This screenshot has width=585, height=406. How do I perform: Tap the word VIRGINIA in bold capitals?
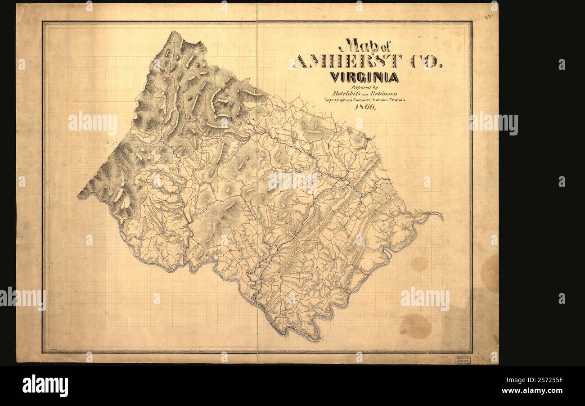pyautogui.click(x=364, y=77)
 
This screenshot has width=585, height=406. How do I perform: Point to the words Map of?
pyautogui.click(x=362, y=46)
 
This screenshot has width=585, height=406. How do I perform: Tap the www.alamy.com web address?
pyautogui.click(x=531, y=391)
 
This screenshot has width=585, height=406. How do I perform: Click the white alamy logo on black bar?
pyautogui.click(x=45, y=386)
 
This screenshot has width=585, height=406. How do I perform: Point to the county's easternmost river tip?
pyautogui.click(x=442, y=219)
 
